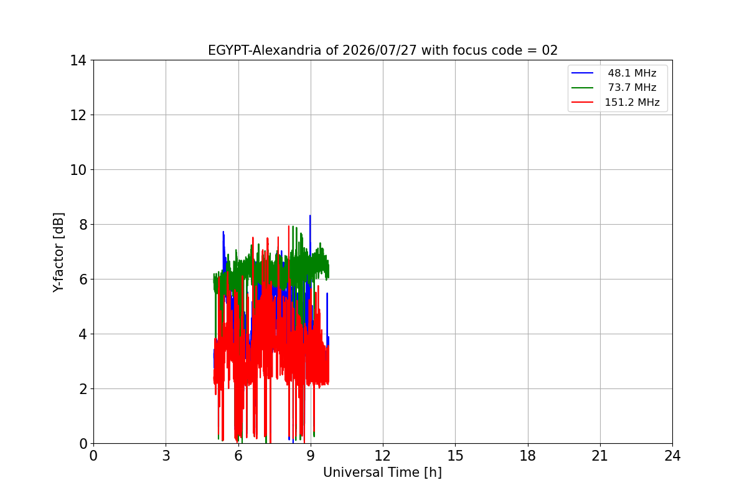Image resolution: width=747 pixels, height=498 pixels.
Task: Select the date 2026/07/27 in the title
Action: click(380, 50)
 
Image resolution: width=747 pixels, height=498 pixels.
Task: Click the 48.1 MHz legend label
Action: click(632, 73)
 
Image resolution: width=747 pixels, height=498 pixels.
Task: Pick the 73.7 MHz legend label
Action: click(632, 87)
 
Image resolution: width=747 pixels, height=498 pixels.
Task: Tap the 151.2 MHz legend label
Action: click(632, 102)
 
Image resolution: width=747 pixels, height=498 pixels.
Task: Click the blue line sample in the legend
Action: click(582, 73)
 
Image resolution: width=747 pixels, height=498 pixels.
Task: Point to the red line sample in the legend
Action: click(582, 102)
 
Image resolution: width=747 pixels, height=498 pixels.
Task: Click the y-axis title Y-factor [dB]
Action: click(59, 253)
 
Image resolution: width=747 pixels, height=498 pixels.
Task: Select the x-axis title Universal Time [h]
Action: click(382, 472)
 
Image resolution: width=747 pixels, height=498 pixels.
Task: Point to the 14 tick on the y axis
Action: click(78, 60)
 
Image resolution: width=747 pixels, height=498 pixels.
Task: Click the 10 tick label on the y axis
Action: click(78, 170)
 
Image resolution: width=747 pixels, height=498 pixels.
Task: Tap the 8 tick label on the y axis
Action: click(83, 225)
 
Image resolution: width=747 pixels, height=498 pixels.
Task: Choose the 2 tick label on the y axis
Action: click(83, 389)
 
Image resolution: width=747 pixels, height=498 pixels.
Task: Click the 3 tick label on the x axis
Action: click(166, 456)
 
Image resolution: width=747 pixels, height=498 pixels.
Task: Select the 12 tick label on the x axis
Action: click(383, 456)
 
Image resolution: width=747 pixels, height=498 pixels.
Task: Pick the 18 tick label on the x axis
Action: click(528, 456)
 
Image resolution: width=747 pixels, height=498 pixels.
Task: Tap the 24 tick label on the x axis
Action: click(672, 456)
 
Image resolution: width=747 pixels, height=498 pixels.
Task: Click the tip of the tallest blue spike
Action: click(310, 215)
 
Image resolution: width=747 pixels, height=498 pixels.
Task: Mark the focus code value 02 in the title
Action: click(550, 50)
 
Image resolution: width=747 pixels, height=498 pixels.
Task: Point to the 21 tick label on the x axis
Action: click(600, 456)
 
